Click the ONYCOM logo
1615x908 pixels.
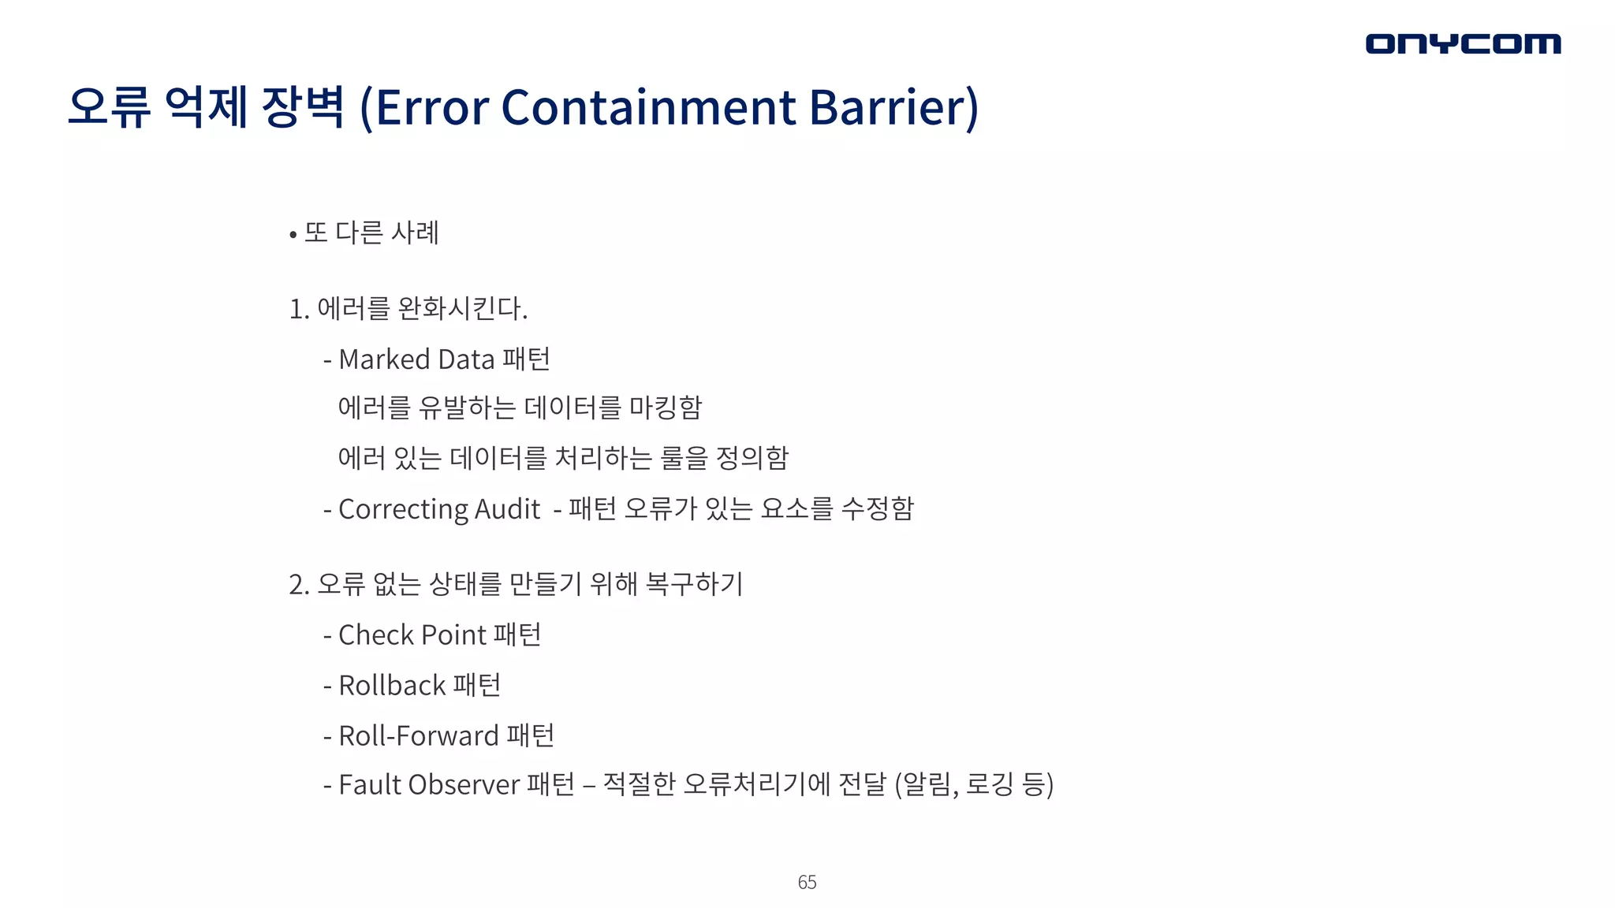coord(1463,43)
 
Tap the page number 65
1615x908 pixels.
coord(807,882)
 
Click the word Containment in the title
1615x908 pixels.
coord(648,107)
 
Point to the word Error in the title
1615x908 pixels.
coord(432,107)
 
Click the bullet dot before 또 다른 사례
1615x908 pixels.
coord(293,234)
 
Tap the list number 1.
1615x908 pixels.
coord(297,309)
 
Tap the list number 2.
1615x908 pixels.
coord(298,585)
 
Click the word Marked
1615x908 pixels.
coord(384,359)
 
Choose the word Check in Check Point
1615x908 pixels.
coord(376,635)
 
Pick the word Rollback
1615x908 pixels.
coord(392,686)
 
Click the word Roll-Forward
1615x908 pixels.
coord(419,736)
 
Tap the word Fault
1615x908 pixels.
coord(369,785)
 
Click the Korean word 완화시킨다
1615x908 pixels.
coord(461,308)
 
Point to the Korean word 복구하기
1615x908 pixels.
coord(694,584)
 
